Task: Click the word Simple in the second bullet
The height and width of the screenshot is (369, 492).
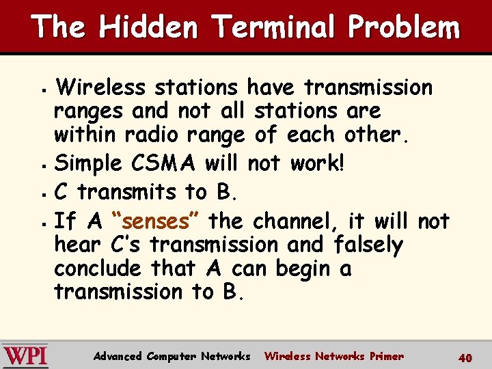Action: click(x=87, y=164)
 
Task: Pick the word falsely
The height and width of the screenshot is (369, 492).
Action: click(x=368, y=245)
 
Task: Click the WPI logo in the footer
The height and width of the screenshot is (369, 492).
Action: click(x=25, y=356)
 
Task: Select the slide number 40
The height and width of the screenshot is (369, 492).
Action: click(x=465, y=357)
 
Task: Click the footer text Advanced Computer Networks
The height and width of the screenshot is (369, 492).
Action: click(x=172, y=356)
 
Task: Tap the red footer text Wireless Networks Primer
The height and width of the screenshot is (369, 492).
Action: click(x=333, y=356)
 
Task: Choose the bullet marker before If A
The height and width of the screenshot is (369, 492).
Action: click(x=43, y=223)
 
